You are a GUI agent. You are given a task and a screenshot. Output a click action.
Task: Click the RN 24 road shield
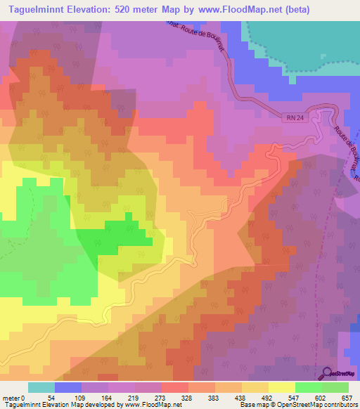point(295,118)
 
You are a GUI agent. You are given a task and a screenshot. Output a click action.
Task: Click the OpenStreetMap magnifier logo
point(328,373)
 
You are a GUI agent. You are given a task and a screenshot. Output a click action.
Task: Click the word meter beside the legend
point(11,398)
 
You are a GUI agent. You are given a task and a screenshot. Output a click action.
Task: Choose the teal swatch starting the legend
point(41,387)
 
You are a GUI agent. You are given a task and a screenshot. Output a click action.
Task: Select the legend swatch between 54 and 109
point(67,387)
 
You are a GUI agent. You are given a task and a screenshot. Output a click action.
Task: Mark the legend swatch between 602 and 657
point(335,387)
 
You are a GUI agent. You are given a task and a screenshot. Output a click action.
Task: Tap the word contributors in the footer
point(340,405)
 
